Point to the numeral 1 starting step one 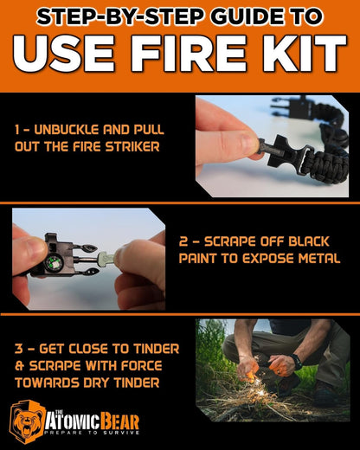pos(17,129)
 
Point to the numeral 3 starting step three pos(18,348)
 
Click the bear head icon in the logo pos(28,421)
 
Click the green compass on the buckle pos(54,259)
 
